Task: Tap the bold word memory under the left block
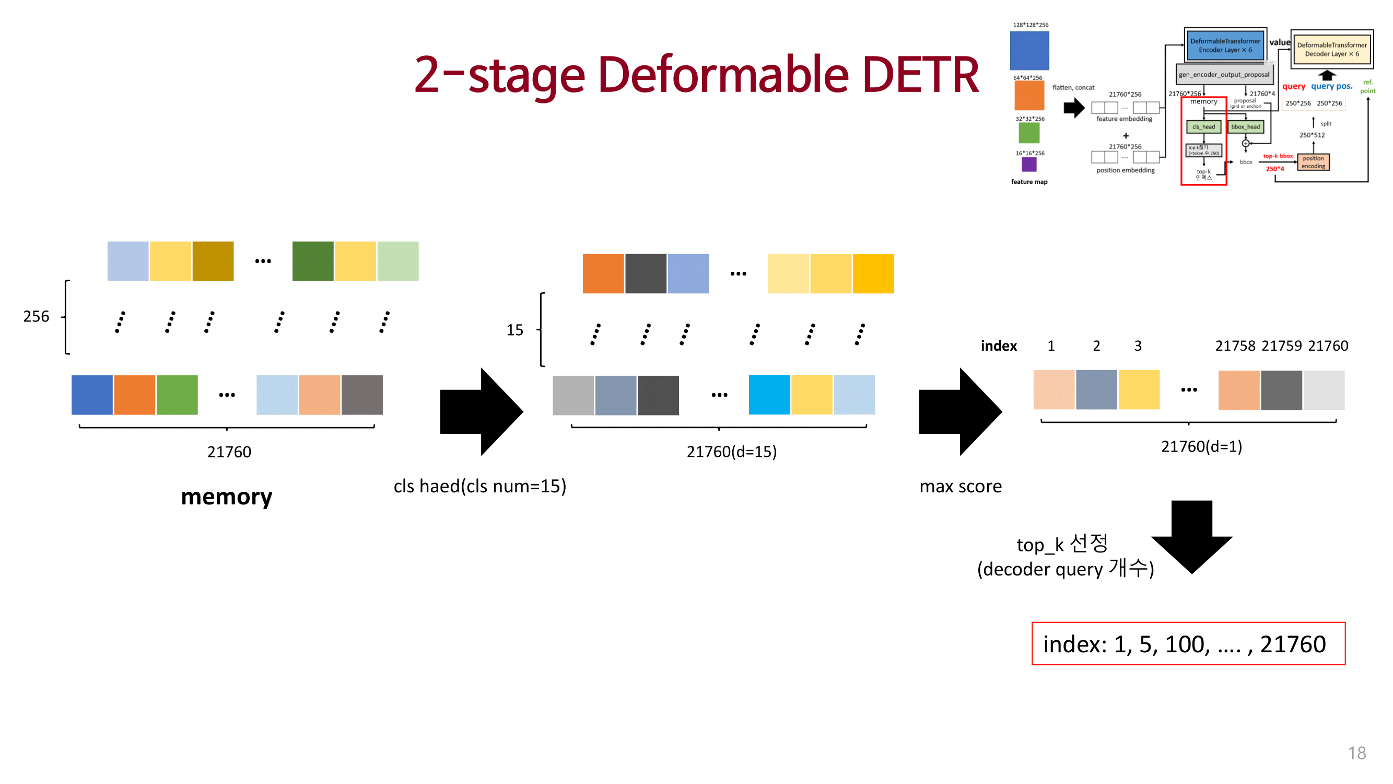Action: click(227, 497)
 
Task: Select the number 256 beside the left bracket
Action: click(36, 317)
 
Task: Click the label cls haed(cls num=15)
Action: click(479, 486)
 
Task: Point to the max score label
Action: click(961, 486)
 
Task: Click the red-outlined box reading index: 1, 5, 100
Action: click(1188, 643)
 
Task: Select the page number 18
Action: click(1356, 753)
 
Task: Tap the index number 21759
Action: click(1281, 345)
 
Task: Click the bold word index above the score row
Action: click(998, 345)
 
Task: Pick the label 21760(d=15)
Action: click(731, 451)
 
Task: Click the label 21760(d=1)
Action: click(1201, 446)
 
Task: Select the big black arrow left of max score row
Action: click(960, 412)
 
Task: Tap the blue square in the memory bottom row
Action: click(92, 395)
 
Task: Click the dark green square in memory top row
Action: click(312, 261)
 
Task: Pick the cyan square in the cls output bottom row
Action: click(768, 395)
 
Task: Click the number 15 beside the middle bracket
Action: click(514, 330)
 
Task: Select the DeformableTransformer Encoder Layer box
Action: click(1224, 45)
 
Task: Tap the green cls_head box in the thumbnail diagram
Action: click(1203, 126)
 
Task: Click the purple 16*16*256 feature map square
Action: click(1028, 164)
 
